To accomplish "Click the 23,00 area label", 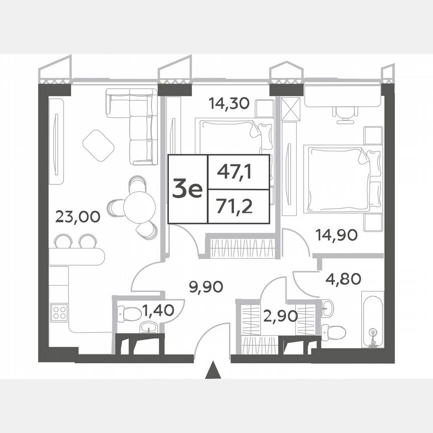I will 78,216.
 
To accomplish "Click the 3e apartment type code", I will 187,189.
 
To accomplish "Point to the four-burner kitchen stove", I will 59,312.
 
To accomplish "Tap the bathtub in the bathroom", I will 372,321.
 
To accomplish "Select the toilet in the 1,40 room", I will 131,314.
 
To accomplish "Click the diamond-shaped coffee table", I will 99,145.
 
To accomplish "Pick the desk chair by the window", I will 343,114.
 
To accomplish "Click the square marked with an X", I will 290,108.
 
